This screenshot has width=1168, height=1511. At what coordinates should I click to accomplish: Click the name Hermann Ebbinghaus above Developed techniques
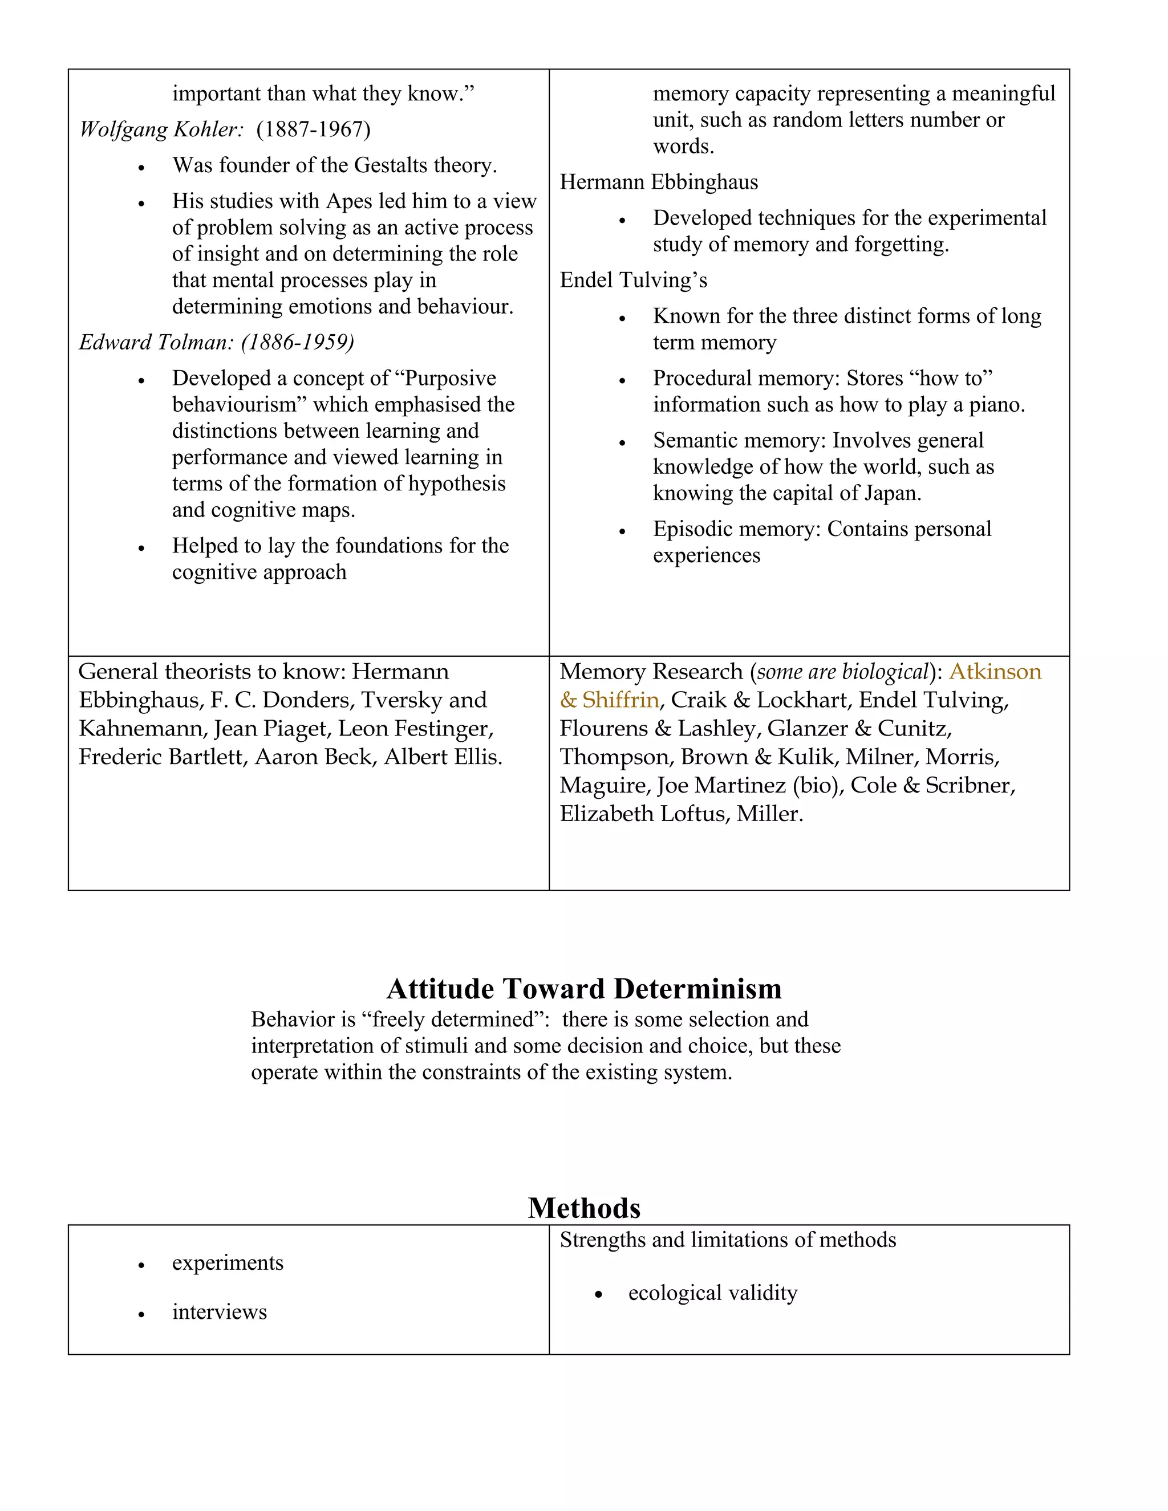pos(658,182)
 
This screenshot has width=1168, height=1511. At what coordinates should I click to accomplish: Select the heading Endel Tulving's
pos(633,280)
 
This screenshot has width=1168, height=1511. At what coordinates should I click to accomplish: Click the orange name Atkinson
pos(995,672)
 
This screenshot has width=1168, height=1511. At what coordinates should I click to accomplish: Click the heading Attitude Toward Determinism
pos(584,989)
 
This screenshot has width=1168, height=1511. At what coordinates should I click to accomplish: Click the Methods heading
pos(584,1208)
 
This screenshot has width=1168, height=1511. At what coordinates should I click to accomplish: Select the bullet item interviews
pos(220,1313)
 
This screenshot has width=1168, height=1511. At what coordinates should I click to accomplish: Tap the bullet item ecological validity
pos(713,1293)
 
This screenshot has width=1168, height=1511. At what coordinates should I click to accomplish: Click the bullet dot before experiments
pos(141,1265)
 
